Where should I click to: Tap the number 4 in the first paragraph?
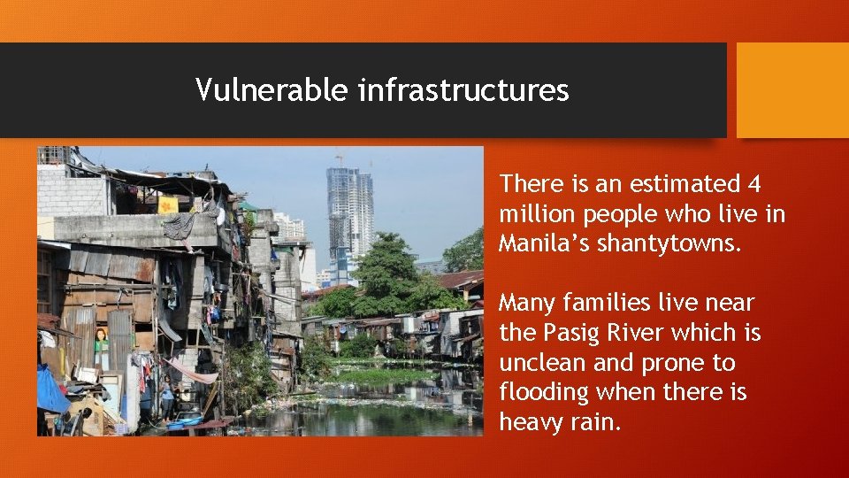tap(753, 184)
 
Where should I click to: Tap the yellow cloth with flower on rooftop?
tap(168, 204)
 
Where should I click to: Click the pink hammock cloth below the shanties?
tap(192, 373)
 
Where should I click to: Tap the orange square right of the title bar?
tap(792, 89)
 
